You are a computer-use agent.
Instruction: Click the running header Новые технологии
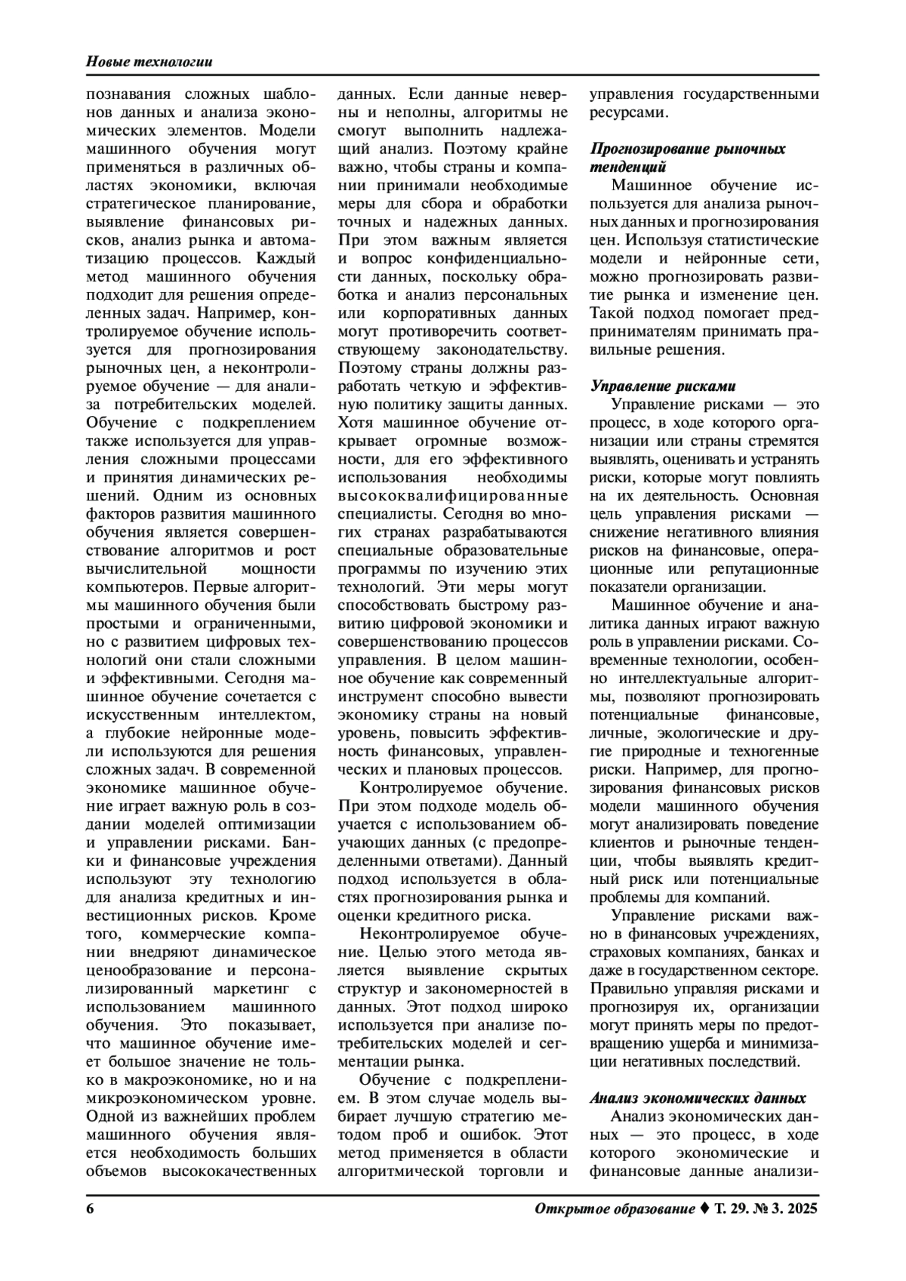[x=148, y=61]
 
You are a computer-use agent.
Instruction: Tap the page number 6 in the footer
[x=91, y=1209]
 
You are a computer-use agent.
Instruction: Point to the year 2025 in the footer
[x=800, y=1209]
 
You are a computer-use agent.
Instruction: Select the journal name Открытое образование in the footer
[x=615, y=1209]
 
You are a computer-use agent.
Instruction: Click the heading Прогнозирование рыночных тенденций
[x=687, y=157]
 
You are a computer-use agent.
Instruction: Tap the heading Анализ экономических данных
[x=697, y=1098]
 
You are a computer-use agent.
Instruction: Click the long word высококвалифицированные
[x=453, y=496]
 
